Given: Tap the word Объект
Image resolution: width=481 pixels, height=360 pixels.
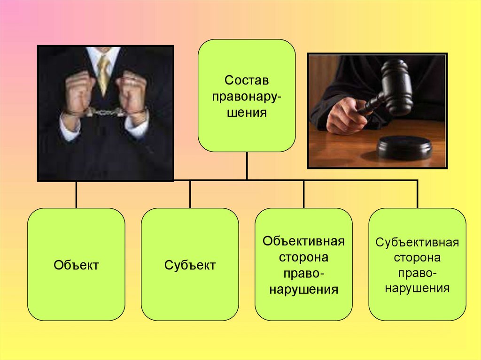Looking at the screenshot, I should click(76, 265).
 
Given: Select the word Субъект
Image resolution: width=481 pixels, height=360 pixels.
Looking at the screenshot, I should click(190, 265).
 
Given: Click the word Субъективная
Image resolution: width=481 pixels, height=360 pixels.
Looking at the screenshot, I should click(417, 243).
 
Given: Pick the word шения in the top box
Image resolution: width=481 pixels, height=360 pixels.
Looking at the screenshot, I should click(246, 113).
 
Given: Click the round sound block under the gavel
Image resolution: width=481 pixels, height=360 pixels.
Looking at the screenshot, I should click(404, 148).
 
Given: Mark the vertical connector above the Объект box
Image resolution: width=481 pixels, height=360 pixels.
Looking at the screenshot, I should click(76, 194).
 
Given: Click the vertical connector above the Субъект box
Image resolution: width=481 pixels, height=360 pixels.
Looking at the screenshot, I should click(190, 194).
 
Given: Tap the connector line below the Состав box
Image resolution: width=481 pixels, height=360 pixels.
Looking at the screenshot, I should click(247, 165).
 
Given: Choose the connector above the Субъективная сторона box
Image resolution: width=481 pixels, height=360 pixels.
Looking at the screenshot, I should click(417, 194).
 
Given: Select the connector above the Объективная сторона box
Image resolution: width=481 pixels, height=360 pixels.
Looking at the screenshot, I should click(303, 194).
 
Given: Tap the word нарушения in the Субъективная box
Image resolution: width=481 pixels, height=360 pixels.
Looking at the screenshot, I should click(417, 288).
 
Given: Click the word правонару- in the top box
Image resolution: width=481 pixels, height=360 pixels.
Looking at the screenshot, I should click(246, 96).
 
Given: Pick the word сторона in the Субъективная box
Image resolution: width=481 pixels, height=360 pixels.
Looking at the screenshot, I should click(417, 258).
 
